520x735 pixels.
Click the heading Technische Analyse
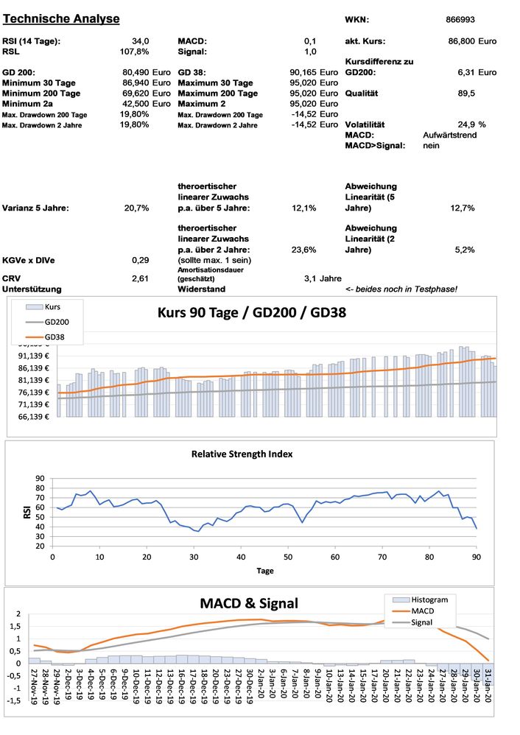tap(61, 18)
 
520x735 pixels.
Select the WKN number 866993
tap(461, 20)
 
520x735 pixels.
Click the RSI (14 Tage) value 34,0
tap(141, 41)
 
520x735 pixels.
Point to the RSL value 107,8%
tap(135, 52)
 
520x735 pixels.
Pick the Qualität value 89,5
tap(465, 94)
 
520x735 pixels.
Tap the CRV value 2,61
tap(140, 278)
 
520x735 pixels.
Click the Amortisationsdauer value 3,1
tap(311, 278)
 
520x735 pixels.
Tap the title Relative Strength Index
tap(242, 454)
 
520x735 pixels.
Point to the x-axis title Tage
tap(265, 571)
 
